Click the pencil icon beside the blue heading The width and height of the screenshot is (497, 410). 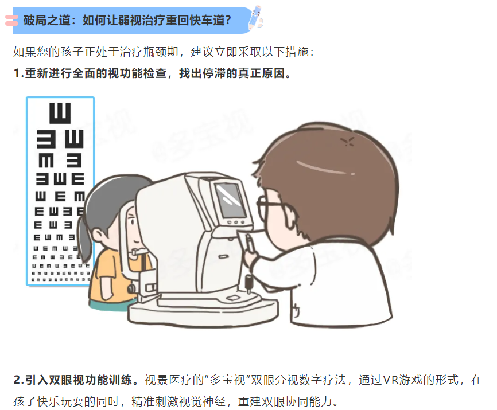256,17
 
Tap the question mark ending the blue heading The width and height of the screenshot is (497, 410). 227,21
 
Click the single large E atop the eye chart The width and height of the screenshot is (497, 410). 60,113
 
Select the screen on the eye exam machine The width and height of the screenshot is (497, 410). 230,200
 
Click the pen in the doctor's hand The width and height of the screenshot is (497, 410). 250,242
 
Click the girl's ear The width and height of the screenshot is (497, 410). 98,235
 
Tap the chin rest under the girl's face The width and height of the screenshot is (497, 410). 139,252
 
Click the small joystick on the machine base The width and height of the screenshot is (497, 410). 249,283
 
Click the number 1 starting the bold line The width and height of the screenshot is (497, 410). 17,73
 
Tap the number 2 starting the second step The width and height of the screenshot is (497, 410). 17,380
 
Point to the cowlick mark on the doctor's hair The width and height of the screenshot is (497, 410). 348,142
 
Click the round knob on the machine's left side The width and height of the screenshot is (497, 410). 131,288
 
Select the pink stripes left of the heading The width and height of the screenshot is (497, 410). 11,20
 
